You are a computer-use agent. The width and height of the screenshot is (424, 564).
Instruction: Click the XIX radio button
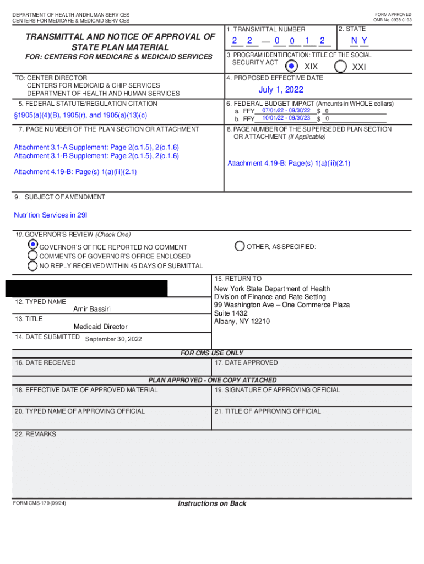coord(292,66)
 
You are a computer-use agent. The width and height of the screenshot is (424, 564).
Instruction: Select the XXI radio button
coord(341,66)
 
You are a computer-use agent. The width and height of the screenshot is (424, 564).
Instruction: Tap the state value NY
coord(360,41)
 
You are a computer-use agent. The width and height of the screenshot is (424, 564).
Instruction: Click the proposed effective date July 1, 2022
coord(281,90)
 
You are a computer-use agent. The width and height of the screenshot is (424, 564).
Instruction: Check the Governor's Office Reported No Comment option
coord(33,245)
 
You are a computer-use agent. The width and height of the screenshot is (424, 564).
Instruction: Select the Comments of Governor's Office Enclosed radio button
coord(33,256)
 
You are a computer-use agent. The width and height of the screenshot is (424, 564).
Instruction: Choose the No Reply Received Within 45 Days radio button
coord(33,265)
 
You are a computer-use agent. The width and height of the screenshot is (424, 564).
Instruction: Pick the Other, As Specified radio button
coord(240,246)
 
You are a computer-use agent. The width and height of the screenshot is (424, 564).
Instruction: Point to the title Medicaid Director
coord(100,327)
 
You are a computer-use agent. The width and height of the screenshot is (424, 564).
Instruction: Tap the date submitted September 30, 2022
coord(113,339)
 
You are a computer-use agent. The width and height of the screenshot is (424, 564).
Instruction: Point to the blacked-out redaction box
coord(86,289)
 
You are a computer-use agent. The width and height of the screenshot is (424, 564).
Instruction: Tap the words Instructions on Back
coord(212,503)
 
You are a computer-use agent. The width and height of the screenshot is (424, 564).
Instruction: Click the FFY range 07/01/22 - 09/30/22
coord(286,111)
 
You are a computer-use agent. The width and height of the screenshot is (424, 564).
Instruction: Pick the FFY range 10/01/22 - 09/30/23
coord(286,118)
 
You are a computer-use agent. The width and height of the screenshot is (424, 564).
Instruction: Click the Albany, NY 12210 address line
coord(242,322)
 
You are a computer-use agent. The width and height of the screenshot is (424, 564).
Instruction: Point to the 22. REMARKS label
coord(36,434)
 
